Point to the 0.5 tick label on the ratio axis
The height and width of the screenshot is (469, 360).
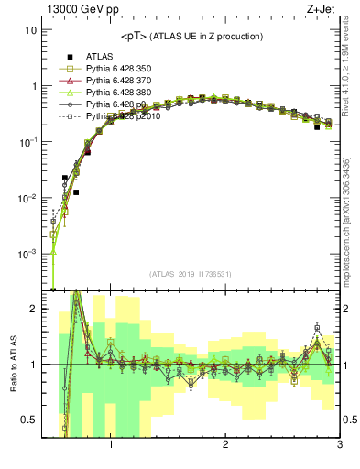[29, 420]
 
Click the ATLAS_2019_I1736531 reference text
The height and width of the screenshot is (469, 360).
[191, 274]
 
